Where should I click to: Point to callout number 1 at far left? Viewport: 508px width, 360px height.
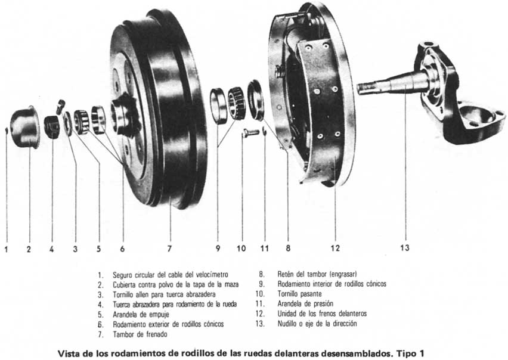(6, 249)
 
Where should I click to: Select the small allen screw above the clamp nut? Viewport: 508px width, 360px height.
(60, 106)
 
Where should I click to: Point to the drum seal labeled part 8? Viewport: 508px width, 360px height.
(256, 98)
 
